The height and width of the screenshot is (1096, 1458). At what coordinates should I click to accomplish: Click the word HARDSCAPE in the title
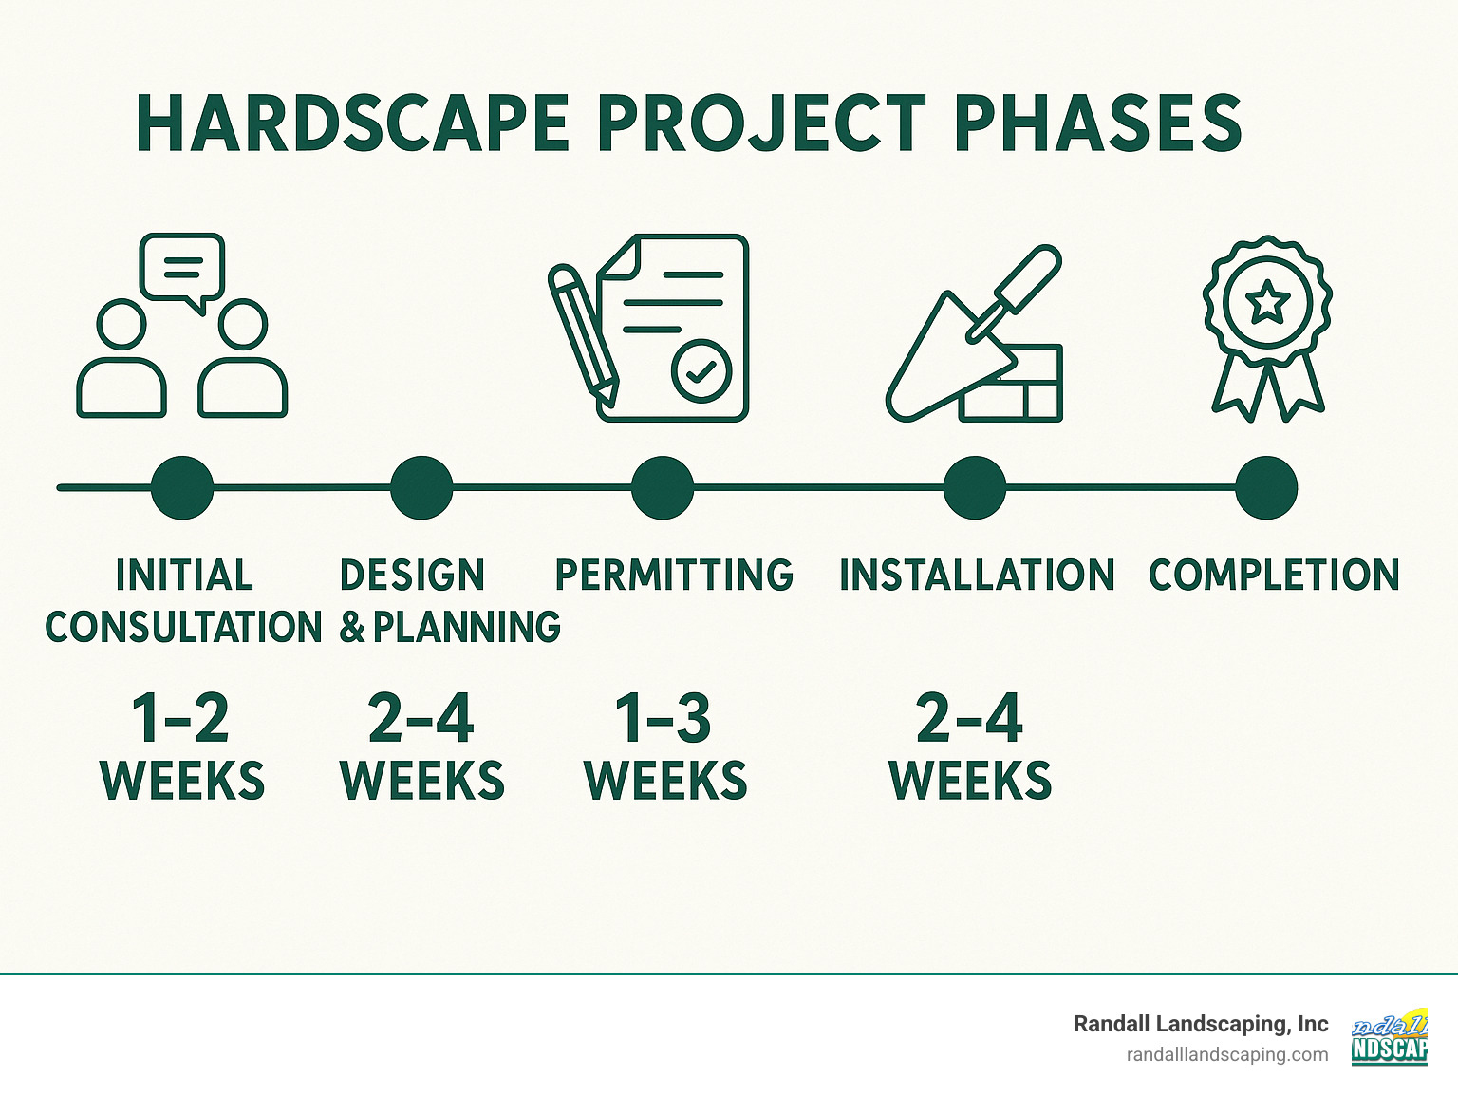[352, 124]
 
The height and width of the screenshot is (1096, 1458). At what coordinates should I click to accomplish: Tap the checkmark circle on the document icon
[701, 371]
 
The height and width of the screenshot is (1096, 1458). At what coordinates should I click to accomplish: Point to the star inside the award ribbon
[1267, 303]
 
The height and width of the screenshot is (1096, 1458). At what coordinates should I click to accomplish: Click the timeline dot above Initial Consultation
[182, 488]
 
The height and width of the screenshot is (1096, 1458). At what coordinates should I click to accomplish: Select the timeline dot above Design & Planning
[421, 488]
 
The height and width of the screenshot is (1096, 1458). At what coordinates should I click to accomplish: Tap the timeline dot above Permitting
[663, 488]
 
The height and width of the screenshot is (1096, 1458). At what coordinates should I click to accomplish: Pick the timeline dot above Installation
[974, 488]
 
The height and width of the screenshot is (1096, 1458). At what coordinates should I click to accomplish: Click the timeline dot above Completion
[1266, 488]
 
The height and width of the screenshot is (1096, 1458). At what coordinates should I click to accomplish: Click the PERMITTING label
[674, 576]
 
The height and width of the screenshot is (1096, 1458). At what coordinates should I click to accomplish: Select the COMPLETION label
[1274, 576]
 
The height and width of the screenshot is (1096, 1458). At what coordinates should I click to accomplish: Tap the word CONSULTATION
[184, 628]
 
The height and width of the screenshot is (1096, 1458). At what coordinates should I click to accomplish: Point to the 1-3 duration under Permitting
[663, 719]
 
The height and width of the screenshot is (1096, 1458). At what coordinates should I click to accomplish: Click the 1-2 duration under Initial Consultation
[180, 719]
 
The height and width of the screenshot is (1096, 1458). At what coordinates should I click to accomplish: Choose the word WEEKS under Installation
[970, 782]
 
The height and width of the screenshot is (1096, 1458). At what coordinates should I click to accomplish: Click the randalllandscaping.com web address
[1226, 1055]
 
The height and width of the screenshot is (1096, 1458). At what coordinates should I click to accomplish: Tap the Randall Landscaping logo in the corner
[1390, 1037]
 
